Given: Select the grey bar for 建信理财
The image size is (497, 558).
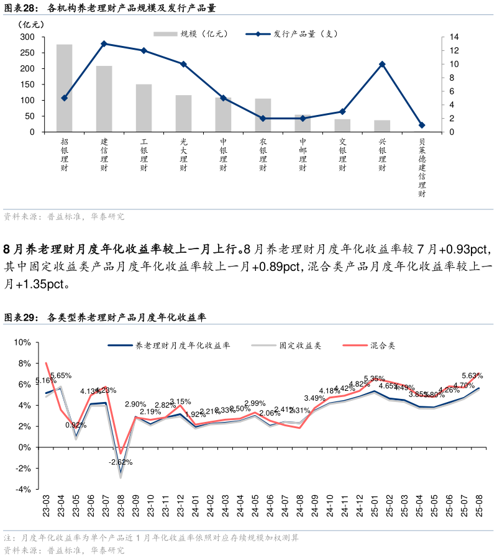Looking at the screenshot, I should [104, 99].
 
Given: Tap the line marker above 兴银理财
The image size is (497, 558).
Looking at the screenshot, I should [382, 64].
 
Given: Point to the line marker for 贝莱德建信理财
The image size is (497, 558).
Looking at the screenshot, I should [422, 125].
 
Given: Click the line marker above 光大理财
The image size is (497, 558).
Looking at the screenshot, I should [183, 64].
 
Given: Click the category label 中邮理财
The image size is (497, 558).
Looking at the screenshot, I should [303, 155].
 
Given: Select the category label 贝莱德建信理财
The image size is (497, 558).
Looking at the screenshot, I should [422, 168].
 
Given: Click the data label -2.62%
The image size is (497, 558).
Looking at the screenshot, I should [120, 462].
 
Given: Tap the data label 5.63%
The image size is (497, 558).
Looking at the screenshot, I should [472, 375].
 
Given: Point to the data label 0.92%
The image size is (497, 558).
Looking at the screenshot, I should [76, 425].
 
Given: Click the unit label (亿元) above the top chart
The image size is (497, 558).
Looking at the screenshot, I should [32, 24].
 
